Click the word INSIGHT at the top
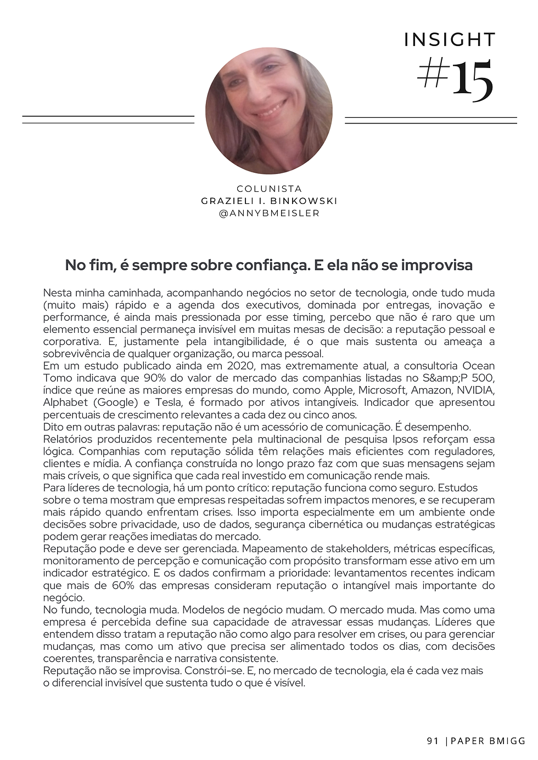[450, 40]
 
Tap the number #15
[455, 80]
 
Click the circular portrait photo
[269, 111]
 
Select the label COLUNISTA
[269, 189]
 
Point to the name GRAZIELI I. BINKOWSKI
[269, 201]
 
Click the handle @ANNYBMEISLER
[269, 213]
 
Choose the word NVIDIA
[475, 390]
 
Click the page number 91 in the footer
[433, 741]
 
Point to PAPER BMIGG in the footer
[489, 741]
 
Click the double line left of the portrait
[108, 120]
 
